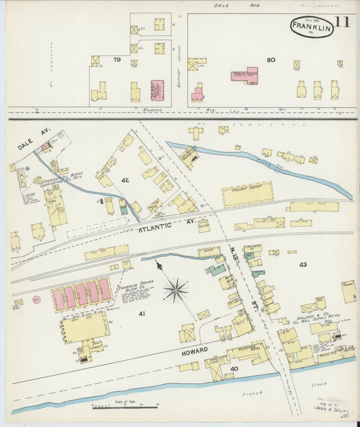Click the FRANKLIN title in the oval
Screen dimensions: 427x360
(x=312, y=28)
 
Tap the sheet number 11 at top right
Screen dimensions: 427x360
(x=342, y=22)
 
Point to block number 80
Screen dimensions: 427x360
(x=271, y=59)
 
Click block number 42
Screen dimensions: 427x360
(x=125, y=180)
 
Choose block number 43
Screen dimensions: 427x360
(x=303, y=264)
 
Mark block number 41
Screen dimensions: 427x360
(x=142, y=313)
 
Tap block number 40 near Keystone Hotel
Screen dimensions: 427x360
(x=234, y=368)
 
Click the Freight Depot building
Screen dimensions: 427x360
(x=247, y=194)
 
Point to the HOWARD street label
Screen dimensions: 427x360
(x=195, y=351)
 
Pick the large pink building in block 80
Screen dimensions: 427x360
(x=245, y=74)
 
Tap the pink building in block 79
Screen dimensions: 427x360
(x=157, y=90)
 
